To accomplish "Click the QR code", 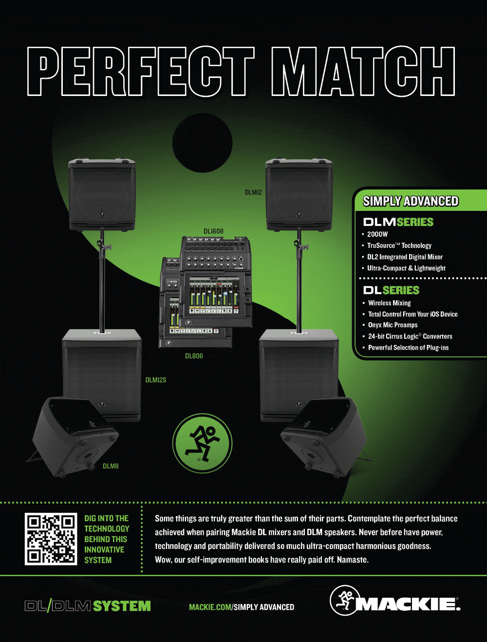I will click(x=51, y=539).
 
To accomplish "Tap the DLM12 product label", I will click(x=253, y=192).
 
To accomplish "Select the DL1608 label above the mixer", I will click(x=213, y=231).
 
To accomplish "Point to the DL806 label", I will click(x=194, y=356).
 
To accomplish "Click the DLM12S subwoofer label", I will click(x=155, y=380).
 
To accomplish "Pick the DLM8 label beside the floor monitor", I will click(x=111, y=466).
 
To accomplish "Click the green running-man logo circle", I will click(x=202, y=443).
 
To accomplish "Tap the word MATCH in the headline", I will click(x=363, y=72).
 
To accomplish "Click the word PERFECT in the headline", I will click(x=141, y=72).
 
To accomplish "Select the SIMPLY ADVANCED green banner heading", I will click(x=411, y=201).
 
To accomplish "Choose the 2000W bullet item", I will click(x=377, y=234).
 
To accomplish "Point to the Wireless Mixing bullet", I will click(x=389, y=303).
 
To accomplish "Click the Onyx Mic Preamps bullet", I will click(x=393, y=325).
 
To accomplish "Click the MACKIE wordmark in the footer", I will click(x=408, y=604).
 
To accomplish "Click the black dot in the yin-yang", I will click(x=202, y=143).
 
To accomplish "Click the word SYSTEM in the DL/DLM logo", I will click(x=122, y=606).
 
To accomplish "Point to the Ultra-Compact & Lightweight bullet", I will click(x=406, y=268).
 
